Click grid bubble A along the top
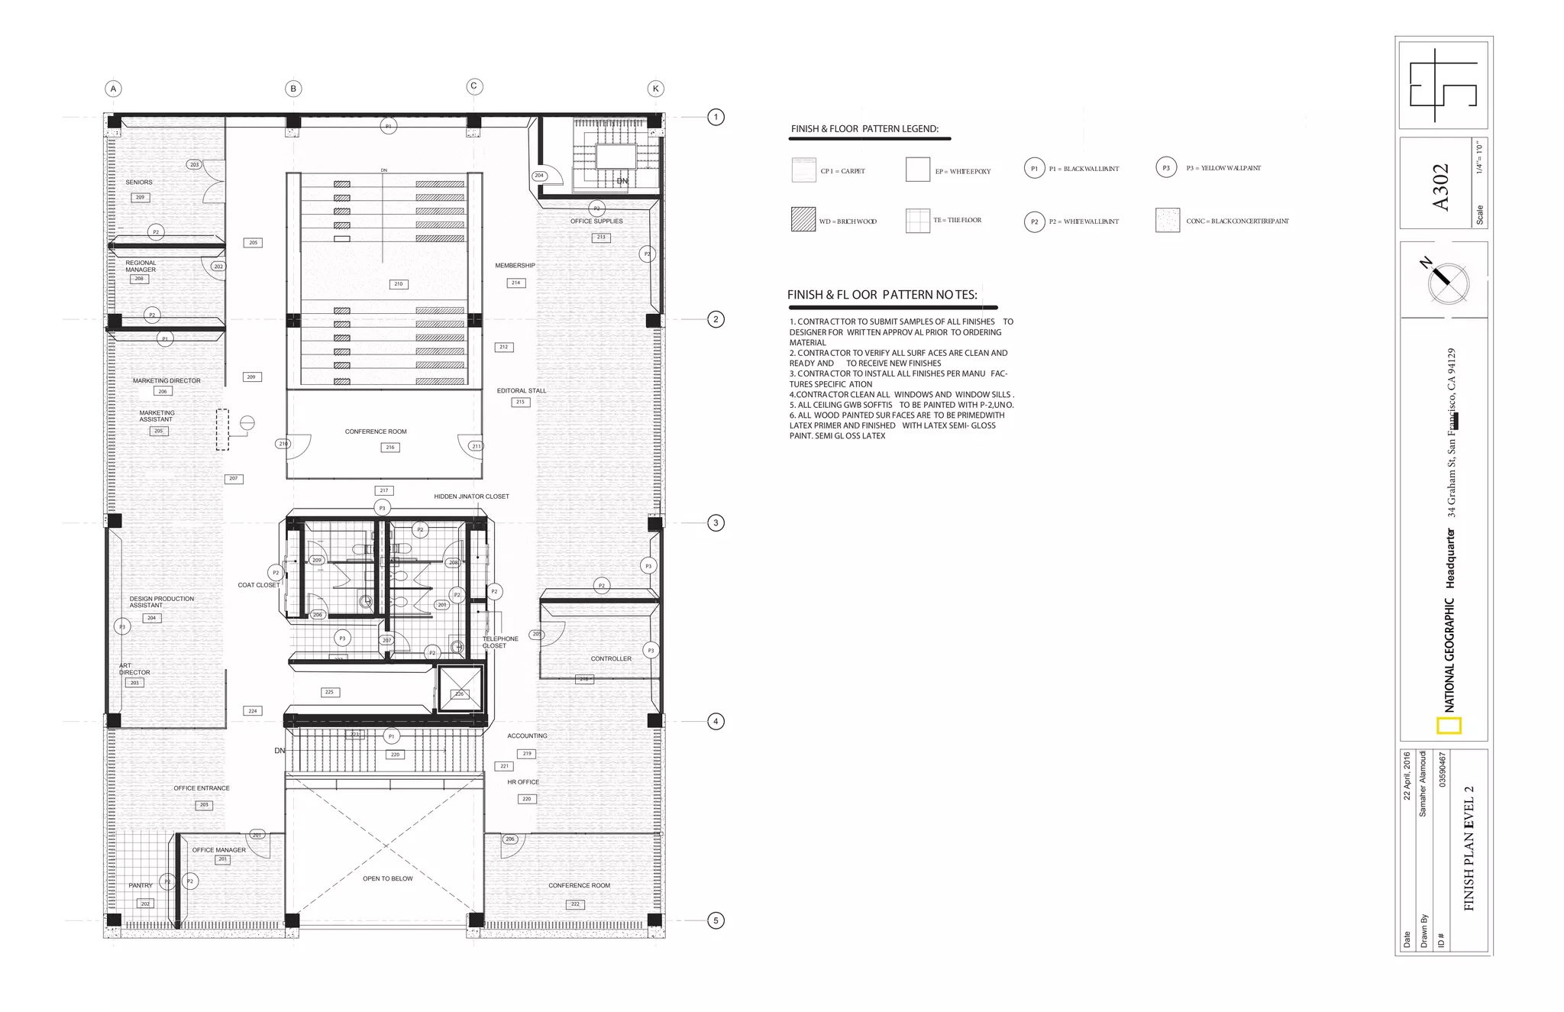[x=113, y=89]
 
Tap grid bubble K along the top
[x=655, y=89]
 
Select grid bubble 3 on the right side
[x=716, y=523]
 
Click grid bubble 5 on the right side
[x=716, y=920]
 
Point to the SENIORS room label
[x=139, y=183]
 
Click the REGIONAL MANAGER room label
[x=141, y=266]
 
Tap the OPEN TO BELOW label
[x=387, y=879]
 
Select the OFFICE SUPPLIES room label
[x=596, y=221]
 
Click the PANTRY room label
[x=141, y=886]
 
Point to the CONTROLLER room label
[x=611, y=658]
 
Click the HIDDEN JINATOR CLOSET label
[x=471, y=496]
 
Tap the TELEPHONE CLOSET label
[x=499, y=642]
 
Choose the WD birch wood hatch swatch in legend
[x=803, y=220]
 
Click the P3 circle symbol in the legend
[x=1166, y=168]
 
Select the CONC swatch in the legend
[x=1168, y=220]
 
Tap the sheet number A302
[x=1440, y=186]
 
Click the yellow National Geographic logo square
[x=1449, y=726]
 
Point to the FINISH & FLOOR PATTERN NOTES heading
[x=882, y=295]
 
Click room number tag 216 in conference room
[x=390, y=448]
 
